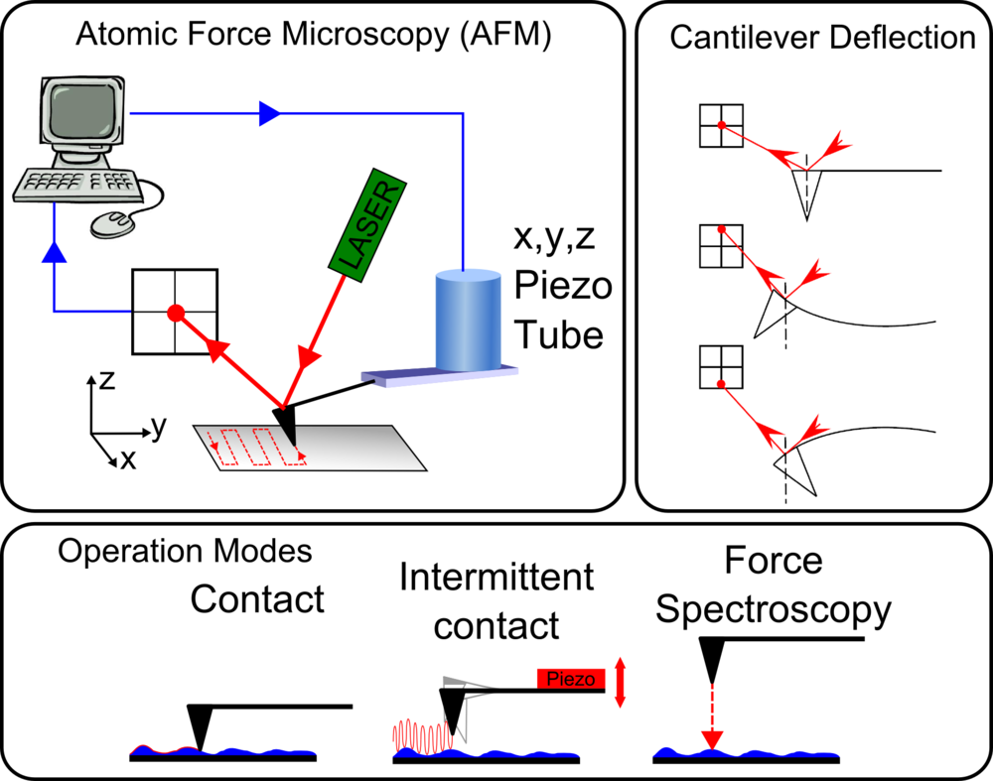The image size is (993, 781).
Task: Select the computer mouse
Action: coord(112,223)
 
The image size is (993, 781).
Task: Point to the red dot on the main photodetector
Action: coord(175,313)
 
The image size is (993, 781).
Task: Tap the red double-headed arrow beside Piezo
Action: coord(622,682)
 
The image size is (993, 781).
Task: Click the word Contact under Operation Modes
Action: coord(257,599)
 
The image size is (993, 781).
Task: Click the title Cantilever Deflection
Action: coord(823,39)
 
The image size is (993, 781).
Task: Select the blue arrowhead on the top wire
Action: coord(268,113)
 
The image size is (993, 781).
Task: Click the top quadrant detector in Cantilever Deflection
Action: coord(722,126)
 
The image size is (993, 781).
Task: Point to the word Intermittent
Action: coord(496,577)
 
